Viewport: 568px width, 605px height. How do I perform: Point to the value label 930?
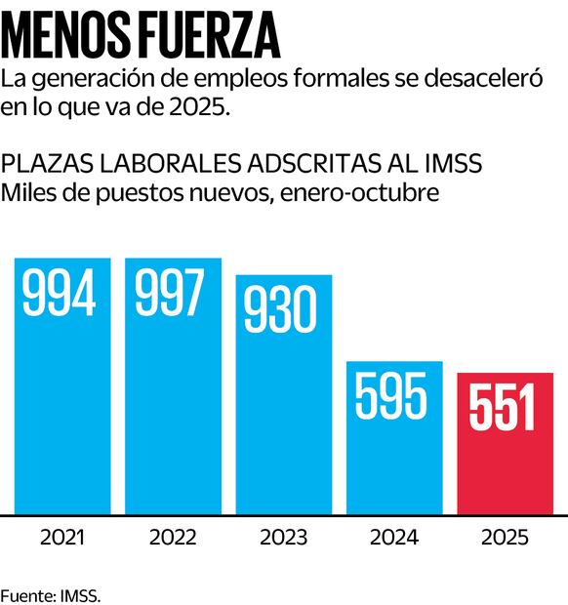tap(282, 309)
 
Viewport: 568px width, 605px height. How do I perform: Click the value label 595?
tap(392, 395)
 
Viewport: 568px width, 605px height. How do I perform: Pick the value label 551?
tap(504, 407)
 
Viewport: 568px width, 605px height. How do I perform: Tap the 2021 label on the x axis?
tap(61, 538)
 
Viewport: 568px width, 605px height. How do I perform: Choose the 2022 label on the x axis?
tap(173, 538)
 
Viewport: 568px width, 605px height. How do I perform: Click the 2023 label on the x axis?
tap(283, 538)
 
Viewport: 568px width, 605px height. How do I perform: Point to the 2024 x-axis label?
tap(393, 538)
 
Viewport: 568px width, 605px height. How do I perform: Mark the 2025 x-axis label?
tap(505, 538)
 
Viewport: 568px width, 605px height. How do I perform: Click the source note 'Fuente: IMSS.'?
tap(51, 593)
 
